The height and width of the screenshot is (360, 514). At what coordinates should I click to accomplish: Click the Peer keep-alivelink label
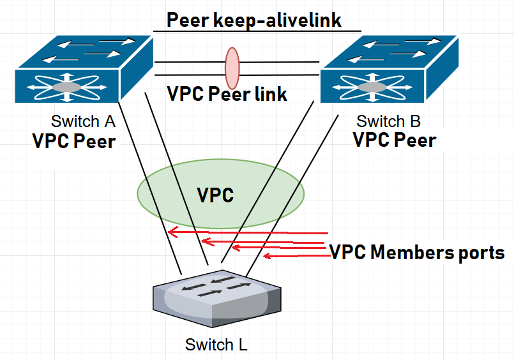tap(254, 20)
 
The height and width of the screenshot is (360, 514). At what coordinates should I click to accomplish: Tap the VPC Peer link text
tap(227, 94)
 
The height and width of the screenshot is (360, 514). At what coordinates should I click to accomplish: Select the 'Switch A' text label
tap(84, 121)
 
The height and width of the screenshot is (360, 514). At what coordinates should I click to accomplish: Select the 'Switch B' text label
tap(388, 121)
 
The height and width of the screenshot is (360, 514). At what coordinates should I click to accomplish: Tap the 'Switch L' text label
tap(216, 345)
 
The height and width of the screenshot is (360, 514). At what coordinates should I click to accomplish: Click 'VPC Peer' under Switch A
tap(74, 140)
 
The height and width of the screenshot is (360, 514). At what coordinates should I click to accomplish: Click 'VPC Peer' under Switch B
tap(395, 140)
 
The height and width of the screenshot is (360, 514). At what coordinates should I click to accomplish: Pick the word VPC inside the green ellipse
tap(215, 195)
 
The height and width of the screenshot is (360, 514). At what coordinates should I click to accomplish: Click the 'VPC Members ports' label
tap(417, 252)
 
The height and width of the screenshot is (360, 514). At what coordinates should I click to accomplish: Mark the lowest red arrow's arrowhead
tap(267, 257)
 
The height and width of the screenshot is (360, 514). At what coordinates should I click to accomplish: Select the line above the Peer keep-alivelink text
tap(257, 31)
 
